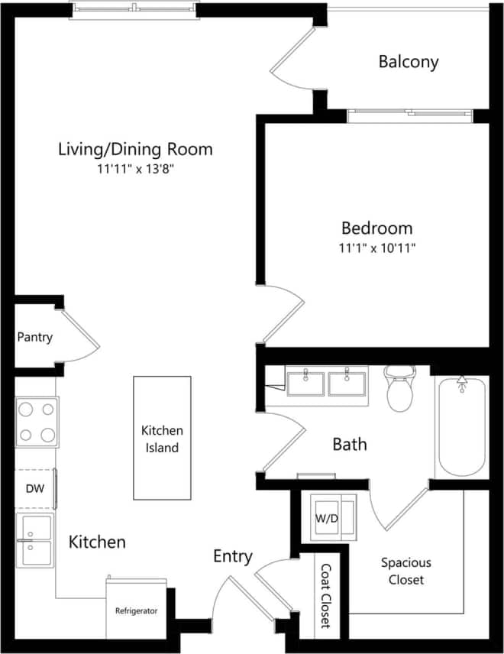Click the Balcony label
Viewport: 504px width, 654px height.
click(409, 62)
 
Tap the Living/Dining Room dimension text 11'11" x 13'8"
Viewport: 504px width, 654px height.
click(135, 170)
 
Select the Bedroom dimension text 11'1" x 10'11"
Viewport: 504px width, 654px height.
click(377, 248)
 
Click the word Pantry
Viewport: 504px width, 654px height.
click(35, 336)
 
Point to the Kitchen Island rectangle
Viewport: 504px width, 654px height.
click(162, 439)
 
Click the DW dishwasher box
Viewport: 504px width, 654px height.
click(34, 488)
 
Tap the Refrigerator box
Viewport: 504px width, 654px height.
click(136, 609)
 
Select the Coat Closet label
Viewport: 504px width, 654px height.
click(325, 596)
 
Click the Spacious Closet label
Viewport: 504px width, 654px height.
click(406, 571)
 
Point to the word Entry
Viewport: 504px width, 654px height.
click(232, 557)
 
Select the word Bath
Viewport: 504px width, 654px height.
click(349, 444)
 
